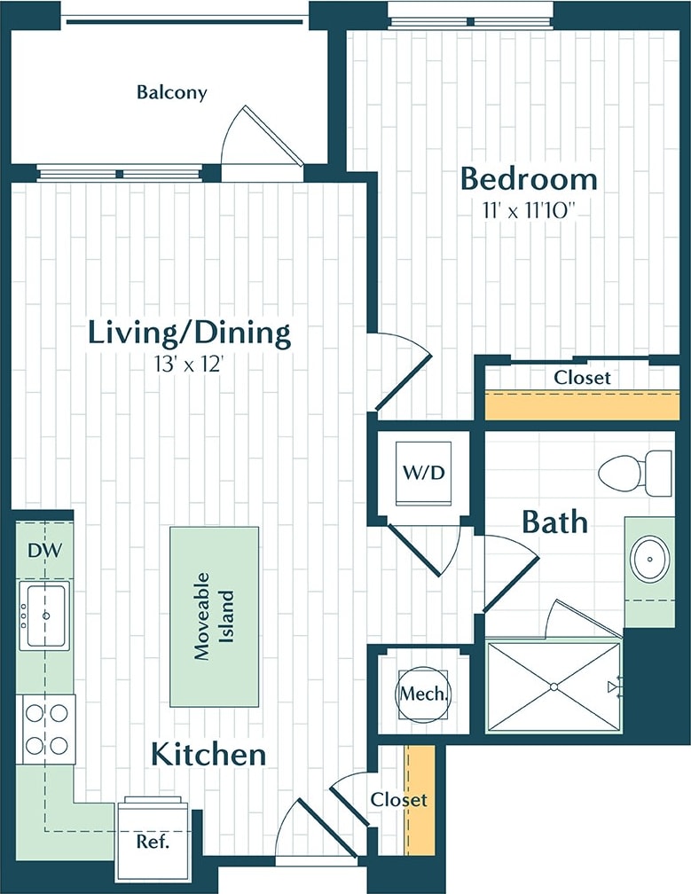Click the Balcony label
[172, 92]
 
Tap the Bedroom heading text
[528, 179]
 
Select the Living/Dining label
[189, 333]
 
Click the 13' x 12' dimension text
[189, 363]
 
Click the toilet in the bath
[637, 473]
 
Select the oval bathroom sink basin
[649, 560]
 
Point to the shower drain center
[554, 686]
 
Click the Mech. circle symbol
[422, 693]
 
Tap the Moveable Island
[214, 616]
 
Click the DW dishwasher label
[44, 551]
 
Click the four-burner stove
[47, 729]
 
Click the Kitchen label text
[208, 755]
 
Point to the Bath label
[554, 521]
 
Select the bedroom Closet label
[582, 377]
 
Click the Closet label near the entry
[398, 800]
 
